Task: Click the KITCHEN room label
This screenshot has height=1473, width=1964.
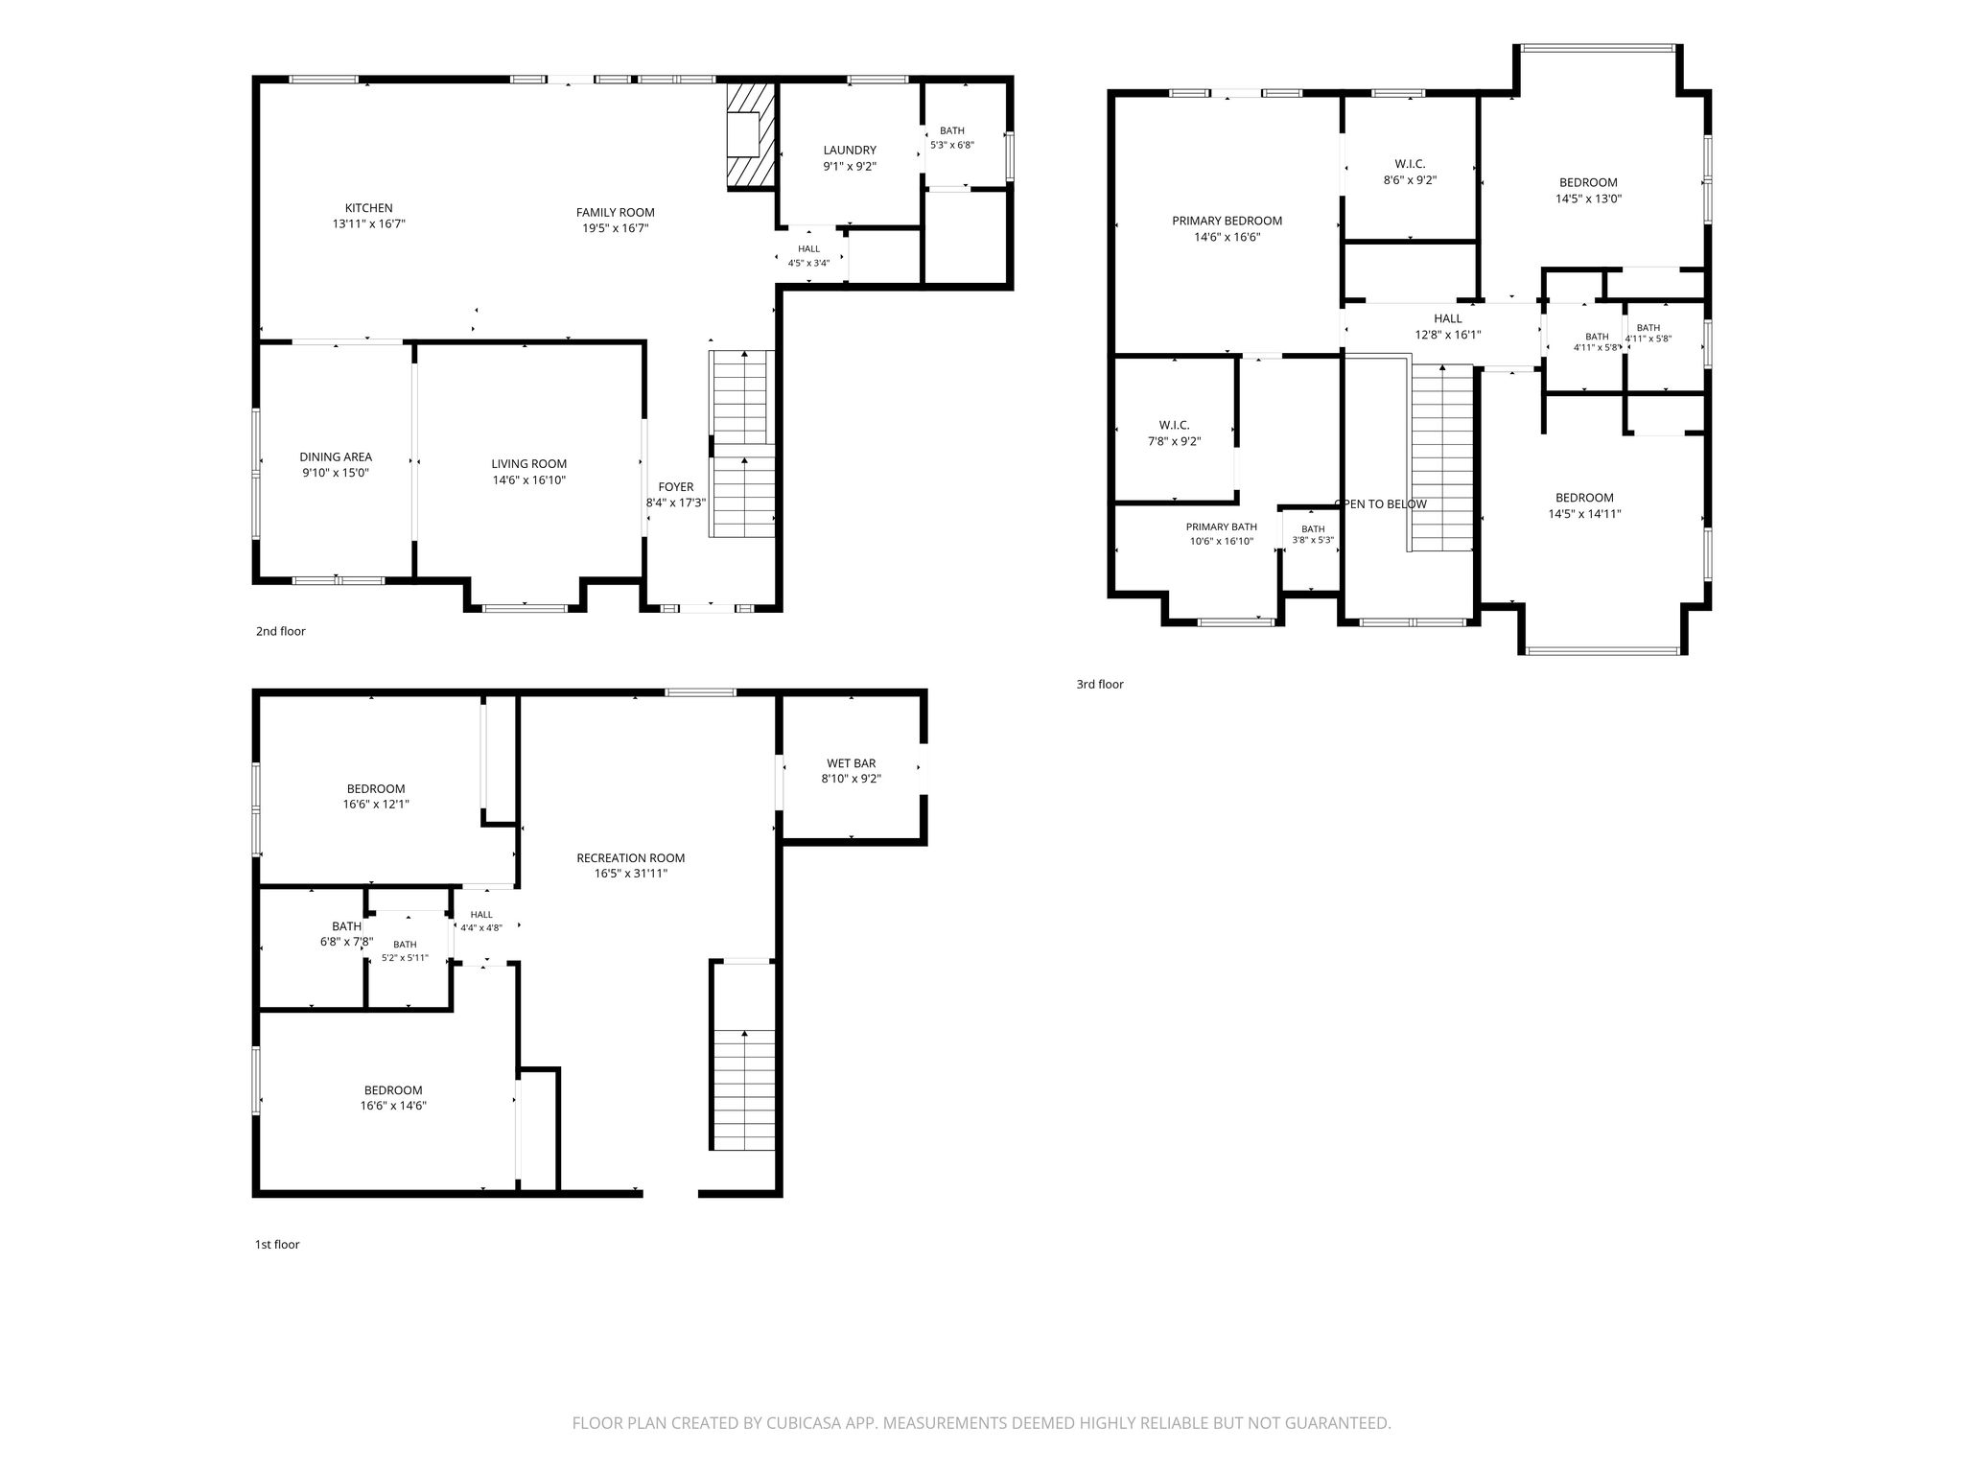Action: (369, 208)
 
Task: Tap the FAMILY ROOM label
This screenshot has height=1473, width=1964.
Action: (616, 213)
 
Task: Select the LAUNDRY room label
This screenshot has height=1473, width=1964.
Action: (850, 151)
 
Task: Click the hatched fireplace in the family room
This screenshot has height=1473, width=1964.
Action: (750, 134)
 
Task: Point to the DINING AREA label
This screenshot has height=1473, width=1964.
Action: (336, 457)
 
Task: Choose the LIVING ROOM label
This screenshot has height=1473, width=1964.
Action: (529, 464)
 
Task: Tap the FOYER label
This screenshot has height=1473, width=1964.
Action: (676, 487)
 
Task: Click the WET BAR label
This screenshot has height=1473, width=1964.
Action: (852, 763)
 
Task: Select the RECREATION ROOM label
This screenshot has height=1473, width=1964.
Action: (631, 858)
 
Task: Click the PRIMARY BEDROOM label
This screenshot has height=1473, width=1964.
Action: (1227, 222)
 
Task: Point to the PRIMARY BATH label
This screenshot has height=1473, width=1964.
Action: (1222, 527)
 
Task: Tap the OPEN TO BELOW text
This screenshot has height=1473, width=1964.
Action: (1381, 504)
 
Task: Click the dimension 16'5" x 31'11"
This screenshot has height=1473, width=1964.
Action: (631, 874)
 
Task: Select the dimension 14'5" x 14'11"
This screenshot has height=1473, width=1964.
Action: (1585, 514)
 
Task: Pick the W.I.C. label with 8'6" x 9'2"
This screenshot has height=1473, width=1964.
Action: (1410, 164)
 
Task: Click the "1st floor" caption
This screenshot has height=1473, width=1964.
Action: (277, 1245)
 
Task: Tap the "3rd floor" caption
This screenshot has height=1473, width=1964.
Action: (1100, 685)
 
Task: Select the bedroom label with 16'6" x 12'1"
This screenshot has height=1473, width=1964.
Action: (376, 789)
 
